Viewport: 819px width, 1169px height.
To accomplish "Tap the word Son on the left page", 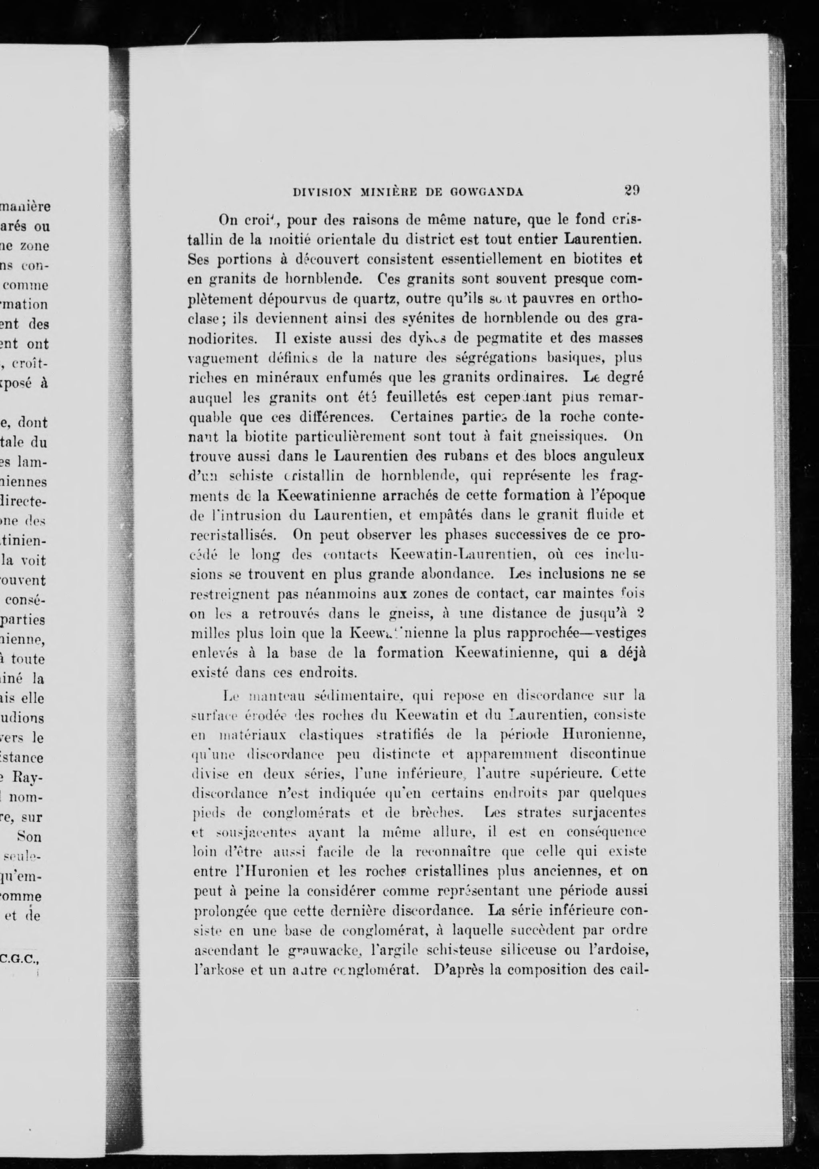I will (x=30, y=837).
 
